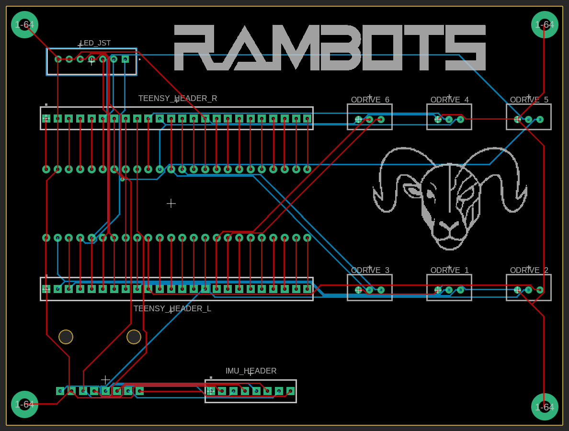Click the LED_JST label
[x=95, y=43]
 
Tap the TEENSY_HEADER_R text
[x=178, y=98]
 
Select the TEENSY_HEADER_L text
[x=172, y=309]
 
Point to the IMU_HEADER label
[x=251, y=371]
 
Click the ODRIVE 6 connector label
[x=370, y=100]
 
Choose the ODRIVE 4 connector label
[x=450, y=100]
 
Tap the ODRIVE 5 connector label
[x=529, y=100]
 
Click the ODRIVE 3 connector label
[x=370, y=270]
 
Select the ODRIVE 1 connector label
[x=450, y=270]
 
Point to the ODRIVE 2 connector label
[x=529, y=270]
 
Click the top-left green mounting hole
[x=25, y=25]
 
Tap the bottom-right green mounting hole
[x=545, y=407]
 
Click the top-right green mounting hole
[x=545, y=25]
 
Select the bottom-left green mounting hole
[x=25, y=405]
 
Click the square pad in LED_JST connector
[x=125, y=59]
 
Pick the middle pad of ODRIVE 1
[x=449, y=290]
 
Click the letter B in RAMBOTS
[x=336, y=47]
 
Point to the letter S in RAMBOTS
[x=466, y=47]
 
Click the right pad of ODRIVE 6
[x=381, y=119]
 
